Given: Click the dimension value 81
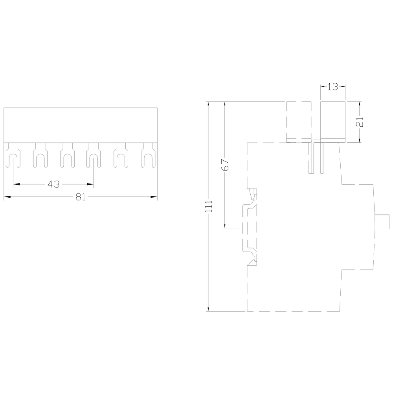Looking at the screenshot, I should [x=81, y=197].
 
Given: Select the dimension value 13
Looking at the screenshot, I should [x=332, y=87].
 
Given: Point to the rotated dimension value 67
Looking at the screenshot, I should [x=226, y=164].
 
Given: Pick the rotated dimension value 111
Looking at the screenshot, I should [x=209, y=206].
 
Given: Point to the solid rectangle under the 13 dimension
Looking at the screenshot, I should [x=333, y=121].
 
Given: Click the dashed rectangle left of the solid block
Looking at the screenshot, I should [x=299, y=121].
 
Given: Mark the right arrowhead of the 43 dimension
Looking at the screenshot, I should [x=91, y=184].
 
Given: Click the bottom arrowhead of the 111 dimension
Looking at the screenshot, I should [x=209, y=309].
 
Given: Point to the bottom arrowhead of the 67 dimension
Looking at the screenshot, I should [x=225, y=225].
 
